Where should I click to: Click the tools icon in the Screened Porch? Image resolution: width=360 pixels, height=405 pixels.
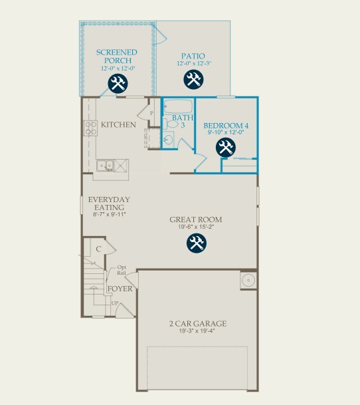(118, 83)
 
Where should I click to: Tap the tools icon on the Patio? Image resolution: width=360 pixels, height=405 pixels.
(193, 79)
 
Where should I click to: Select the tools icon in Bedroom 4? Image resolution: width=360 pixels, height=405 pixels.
(226, 148)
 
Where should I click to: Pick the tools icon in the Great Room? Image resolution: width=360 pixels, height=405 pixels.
(197, 243)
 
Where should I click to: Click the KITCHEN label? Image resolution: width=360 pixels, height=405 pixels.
(118, 125)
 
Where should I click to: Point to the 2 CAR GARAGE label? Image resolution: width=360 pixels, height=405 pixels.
(198, 324)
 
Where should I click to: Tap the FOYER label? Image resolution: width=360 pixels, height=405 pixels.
(120, 289)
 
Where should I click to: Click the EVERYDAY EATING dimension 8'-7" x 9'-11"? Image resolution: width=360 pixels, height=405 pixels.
(109, 214)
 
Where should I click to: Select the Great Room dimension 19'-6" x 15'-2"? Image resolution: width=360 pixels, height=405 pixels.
(196, 227)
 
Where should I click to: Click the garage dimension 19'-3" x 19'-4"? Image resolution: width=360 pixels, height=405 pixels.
(197, 331)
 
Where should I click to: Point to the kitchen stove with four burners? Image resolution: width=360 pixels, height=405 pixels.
(90, 128)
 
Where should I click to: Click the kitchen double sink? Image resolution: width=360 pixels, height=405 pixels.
(106, 166)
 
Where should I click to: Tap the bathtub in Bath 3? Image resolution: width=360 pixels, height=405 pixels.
(178, 106)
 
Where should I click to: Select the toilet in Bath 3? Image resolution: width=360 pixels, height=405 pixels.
(171, 124)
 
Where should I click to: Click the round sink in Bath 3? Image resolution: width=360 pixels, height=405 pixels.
(168, 140)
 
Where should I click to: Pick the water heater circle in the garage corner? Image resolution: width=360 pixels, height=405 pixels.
(248, 280)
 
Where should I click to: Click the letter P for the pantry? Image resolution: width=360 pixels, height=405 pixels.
(151, 113)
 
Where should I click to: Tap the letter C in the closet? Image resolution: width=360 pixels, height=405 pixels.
(98, 249)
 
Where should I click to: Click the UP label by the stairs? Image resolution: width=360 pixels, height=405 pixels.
(115, 303)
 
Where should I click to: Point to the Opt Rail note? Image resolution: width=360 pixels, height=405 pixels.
(122, 269)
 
